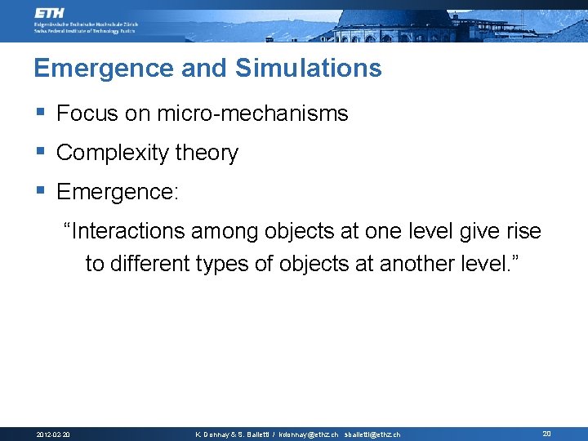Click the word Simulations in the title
[x=309, y=69]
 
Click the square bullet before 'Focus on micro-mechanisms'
[x=40, y=113]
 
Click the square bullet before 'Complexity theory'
[x=40, y=152]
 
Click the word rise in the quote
[x=523, y=232]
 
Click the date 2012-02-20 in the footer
[x=53, y=434]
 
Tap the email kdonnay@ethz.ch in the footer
[x=308, y=434]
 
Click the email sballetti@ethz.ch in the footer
[x=372, y=434]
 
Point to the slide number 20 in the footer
[x=547, y=434]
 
